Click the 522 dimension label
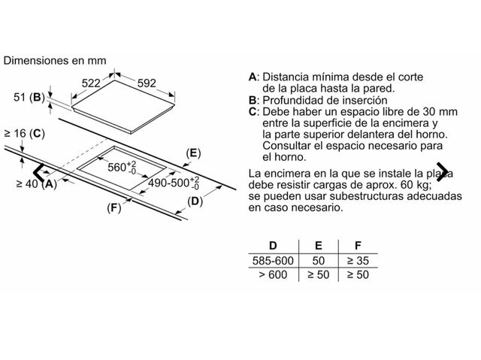[91, 83]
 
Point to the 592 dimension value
[147, 83]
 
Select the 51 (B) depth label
[29, 98]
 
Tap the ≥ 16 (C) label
[25, 133]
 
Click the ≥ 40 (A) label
[37, 183]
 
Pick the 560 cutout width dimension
[122, 167]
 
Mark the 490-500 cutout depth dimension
[174, 183]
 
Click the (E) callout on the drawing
[194, 153]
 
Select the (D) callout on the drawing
[195, 201]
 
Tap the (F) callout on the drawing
[114, 208]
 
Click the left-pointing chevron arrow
[39, 172]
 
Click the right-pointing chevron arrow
[443, 171]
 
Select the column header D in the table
[273, 246]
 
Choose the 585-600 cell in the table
[273, 261]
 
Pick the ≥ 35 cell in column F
[358, 261]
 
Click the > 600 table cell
[273, 274]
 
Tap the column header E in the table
[319, 246]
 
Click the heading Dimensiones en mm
[55, 60]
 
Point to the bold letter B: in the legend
[254, 100]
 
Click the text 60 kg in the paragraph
[415, 185]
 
